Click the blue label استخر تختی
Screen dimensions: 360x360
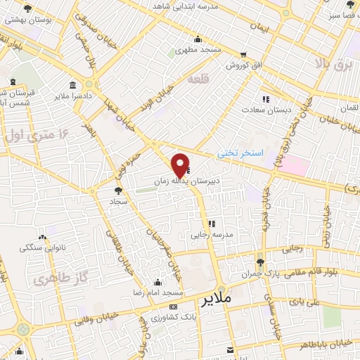239,152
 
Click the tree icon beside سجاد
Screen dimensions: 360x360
118,190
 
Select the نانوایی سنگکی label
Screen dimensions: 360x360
42,247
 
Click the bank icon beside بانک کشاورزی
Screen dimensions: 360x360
174,308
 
